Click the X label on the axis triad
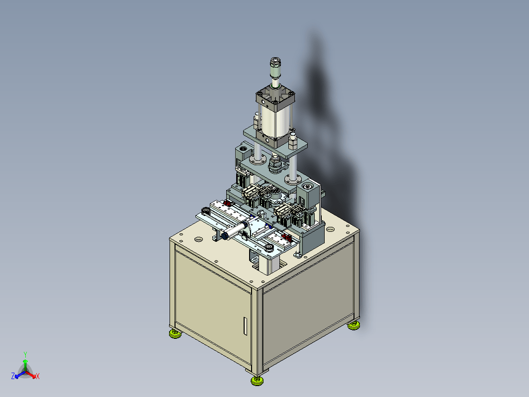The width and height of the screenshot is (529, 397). pyautogui.click(x=38, y=376)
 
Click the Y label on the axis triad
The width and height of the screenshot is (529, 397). pyautogui.click(x=25, y=354)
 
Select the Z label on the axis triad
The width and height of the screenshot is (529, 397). pyautogui.click(x=13, y=376)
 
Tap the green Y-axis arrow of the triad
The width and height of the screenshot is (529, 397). pyautogui.click(x=25, y=365)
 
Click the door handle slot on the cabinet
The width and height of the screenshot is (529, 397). pyautogui.click(x=245, y=326)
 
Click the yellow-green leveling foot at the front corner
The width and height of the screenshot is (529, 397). pyautogui.click(x=257, y=381)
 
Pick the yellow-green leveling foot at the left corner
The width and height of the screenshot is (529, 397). pyautogui.click(x=175, y=333)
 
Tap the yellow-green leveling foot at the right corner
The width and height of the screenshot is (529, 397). pyautogui.click(x=353, y=325)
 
